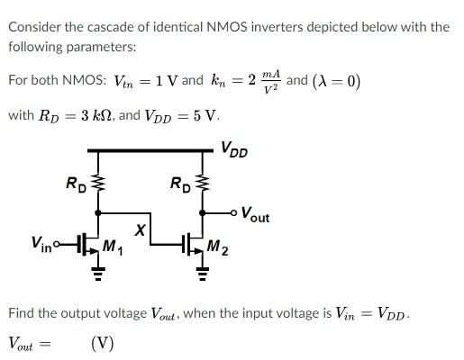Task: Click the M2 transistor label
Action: pos(217,247)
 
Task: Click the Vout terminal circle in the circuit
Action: pos(233,214)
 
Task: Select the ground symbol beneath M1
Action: pos(99,276)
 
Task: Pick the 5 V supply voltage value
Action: pos(205,116)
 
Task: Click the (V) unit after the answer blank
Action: pos(102,343)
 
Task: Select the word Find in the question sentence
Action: pos(23,313)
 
